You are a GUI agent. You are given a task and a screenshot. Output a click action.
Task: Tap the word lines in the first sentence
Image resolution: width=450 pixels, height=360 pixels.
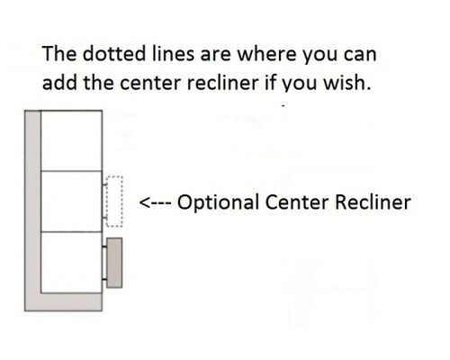[x=173, y=53]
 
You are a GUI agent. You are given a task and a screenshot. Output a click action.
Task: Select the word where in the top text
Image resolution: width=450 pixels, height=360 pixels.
[x=266, y=53]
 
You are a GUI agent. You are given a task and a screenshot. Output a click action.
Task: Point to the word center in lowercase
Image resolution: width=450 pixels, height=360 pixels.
[x=150, y=83]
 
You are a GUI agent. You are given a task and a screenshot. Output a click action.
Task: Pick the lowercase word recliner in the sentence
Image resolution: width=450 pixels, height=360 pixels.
[x=222, y=82]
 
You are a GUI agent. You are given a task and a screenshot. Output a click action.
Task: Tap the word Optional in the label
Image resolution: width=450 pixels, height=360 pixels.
[x=218, y=202]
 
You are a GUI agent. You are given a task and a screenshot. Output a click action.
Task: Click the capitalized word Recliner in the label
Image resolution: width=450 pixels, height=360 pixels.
[x=373, y=202]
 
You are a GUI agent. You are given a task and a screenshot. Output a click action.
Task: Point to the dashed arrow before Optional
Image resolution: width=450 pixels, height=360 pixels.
[x=156, y=202]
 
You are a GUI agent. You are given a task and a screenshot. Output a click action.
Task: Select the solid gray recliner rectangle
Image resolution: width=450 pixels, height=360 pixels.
[x=114, y=263]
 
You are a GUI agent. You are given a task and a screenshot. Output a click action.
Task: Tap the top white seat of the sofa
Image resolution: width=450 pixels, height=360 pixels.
[x=71, y=140]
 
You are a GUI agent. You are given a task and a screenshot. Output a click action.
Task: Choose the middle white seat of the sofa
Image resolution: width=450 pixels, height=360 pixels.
[x=71, y=202]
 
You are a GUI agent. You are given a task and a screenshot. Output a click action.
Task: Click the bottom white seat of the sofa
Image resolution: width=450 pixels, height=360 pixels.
[x=71, y=262]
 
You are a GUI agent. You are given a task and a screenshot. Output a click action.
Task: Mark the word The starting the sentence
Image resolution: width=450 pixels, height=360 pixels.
[x=59, y=53]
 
